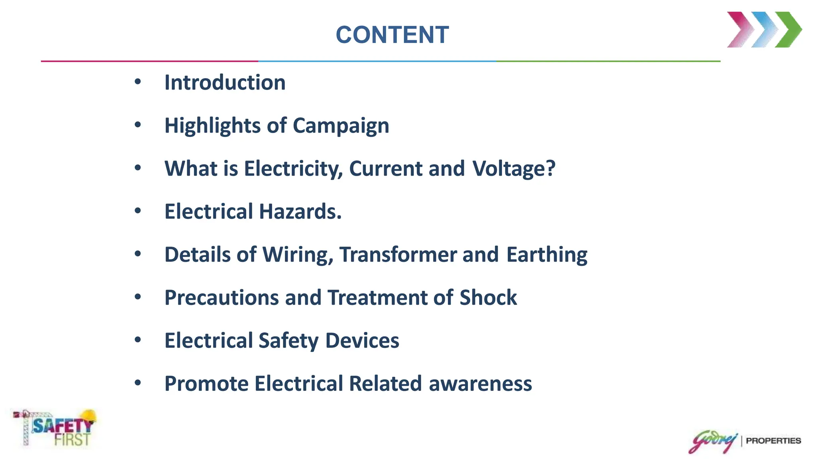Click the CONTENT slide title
click(x=392, y=35)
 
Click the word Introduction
click(x=225, y=82)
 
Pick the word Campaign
click(x=341, y=126)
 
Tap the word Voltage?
click(x=514, y=169)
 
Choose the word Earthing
click(x=547, y=255)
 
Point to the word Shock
click(x=488, y=298)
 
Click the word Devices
click(x=362, y=341)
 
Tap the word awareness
click(x=480, y=384)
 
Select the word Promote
click(x=206, y=384)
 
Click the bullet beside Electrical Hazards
click(x=138, y=210)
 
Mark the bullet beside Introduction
click(x=138, y=82)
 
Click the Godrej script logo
click(x=713, y=441)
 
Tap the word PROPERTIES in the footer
click(x=773, y=441)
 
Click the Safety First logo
click(x=56, y=429)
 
